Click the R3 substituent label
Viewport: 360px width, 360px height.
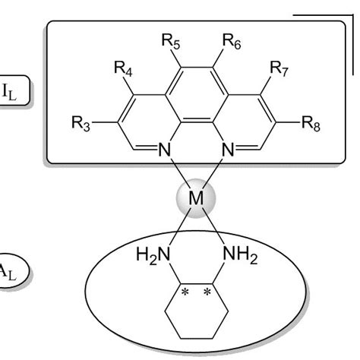click(x=76, y=126)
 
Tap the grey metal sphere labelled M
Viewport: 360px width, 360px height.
click(x=196, y=200)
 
